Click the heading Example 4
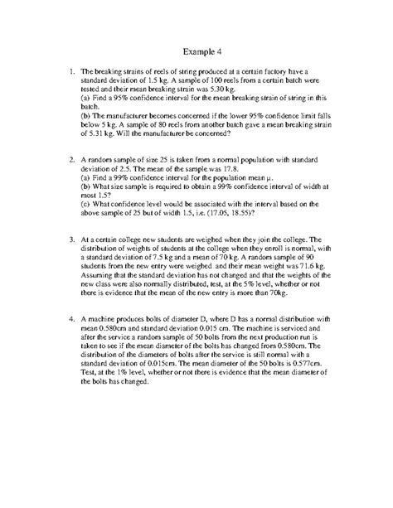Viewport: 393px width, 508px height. (x=196, y=48)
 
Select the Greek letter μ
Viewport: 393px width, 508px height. (x=269, y=177)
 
